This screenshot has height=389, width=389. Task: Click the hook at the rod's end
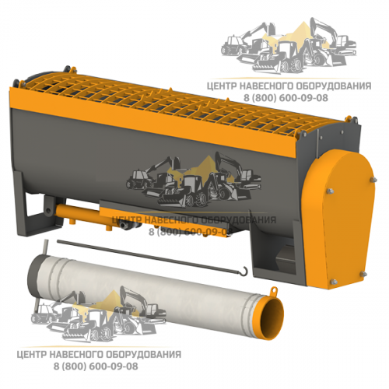click(x=245, y=272)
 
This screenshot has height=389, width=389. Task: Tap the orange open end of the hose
click(x=272, y=320)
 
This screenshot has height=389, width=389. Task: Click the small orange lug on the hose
click(x=274, y=290)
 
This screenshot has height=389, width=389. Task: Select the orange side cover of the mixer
click(x=339, y=219)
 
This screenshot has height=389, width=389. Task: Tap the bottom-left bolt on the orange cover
click(x=334, y=282)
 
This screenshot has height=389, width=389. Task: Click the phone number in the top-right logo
click(x=286, y=98)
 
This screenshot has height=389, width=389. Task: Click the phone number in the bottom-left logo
click(x=96, y=366)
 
